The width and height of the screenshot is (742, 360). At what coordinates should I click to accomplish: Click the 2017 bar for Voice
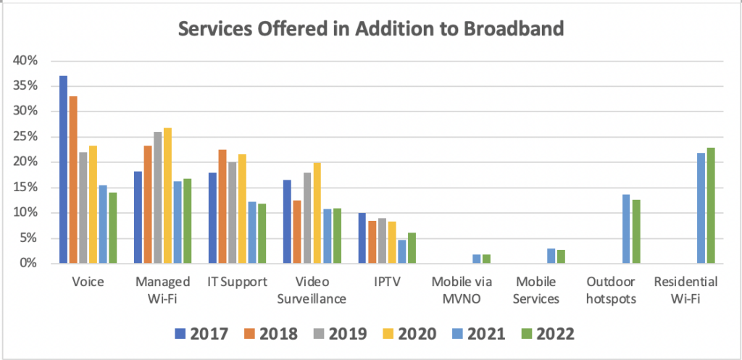(63, 169)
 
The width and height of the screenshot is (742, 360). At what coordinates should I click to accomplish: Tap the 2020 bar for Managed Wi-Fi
(167, 196)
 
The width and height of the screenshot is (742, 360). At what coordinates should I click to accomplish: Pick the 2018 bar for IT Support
(222, 206)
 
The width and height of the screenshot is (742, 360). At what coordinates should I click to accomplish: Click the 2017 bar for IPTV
(362, 238)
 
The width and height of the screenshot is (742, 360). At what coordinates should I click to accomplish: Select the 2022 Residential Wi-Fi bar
(710, 206)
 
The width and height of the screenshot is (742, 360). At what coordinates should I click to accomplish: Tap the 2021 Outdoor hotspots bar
(626, 229)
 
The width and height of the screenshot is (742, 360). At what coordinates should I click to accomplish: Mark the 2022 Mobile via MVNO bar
(486, 259)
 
